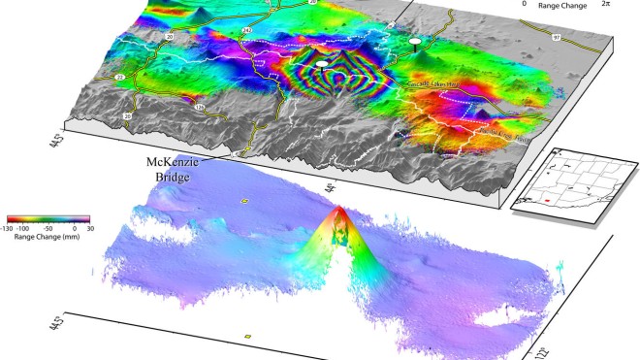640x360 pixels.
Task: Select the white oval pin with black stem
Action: pyautogui.click(x=416, y=41)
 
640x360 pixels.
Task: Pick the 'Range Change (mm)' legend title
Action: pyautogui.click(x=47, y=235)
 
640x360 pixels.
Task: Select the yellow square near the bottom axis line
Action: pyautogui.click(x=247, y=336)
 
